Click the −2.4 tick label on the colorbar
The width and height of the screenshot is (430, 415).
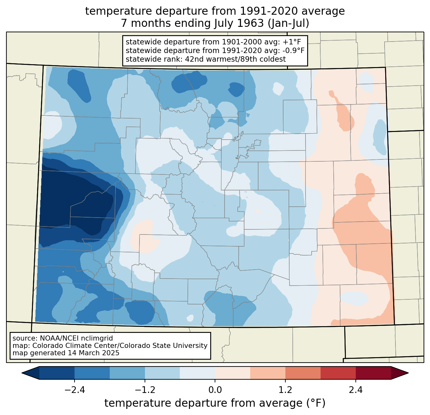tap(74, 390)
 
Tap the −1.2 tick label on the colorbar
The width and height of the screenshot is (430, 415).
tap(145, 390)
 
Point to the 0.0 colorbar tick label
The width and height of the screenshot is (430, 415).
tap(215, 390)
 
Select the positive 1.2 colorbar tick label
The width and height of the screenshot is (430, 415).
tap(285, 390)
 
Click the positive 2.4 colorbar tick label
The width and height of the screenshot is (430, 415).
tap(355, 390)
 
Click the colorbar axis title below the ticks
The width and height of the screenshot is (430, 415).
tap(215, 403)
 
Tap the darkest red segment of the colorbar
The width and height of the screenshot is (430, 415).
tap(373, 373)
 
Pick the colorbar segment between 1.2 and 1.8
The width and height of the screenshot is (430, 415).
tap(303, 373)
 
